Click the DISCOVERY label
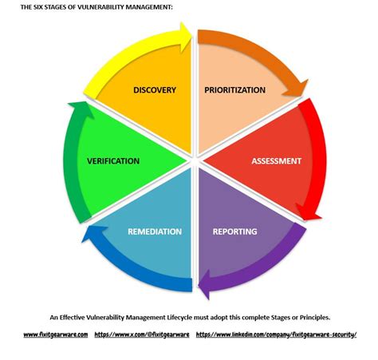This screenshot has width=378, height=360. point(155,89)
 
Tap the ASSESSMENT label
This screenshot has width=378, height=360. point(276,160)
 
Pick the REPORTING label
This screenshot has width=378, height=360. point(234,231)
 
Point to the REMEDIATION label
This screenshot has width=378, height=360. point(155,231)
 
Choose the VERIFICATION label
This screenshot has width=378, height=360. point(113,160)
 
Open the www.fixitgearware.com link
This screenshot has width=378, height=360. point(56,334)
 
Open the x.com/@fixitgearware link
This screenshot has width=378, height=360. point(142,334)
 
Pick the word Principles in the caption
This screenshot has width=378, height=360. point(306,317)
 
